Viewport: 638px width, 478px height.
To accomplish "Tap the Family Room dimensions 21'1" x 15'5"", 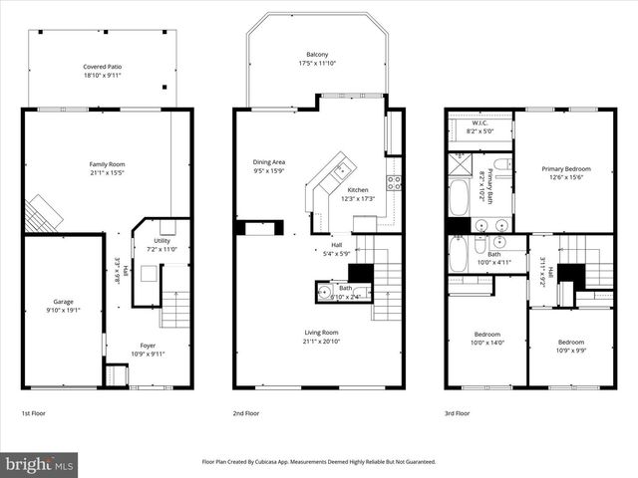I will pyautogui.click(x=107, y=173).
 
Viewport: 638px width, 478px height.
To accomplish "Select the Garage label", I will pyautogui.click(x=64, y=301).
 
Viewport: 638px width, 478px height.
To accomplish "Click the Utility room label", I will pyautogui.click(x=161, y=240).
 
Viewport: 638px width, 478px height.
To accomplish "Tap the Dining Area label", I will pyautogui.click(x=269, y=161).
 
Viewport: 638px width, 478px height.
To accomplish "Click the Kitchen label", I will pyautogui.click(x=357, y=189).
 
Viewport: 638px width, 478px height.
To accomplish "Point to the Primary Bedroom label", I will pyautogui.click(x=566, y=168).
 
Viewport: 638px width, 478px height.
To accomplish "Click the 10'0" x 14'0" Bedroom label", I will pyautogui.click(x=486, y=334).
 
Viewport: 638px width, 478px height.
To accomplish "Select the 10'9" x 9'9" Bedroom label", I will pyautogui.click(x=570, y=341).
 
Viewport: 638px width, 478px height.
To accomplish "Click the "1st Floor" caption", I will pyautogui.click(x=33, y=412).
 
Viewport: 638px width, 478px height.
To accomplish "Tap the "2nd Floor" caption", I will pyautogui.click(x=245, y=412).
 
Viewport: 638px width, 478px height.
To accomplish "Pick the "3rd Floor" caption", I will pyautogui.click(x=458, y=412).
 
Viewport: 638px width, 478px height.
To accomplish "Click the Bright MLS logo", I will pyautogui.click(x=40, y=464).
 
